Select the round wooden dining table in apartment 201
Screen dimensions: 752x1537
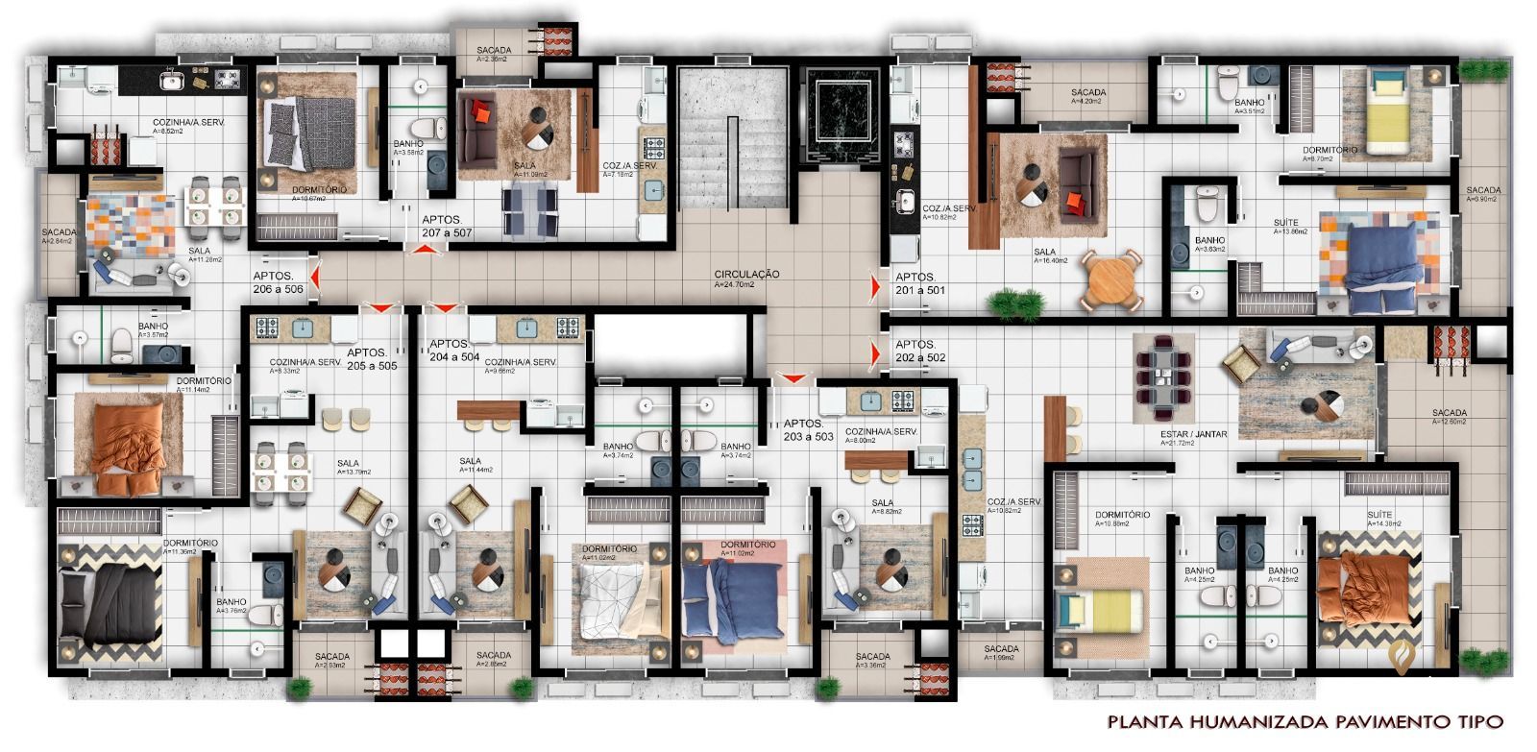click(x=1112, y=280)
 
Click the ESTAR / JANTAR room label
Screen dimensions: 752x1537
click(x=1193, y=434)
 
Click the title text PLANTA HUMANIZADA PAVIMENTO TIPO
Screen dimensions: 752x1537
click(x=1304, y=721)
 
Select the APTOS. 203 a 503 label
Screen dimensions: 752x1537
click(x=808, y=429)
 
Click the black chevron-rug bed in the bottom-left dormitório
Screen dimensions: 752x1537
click(x=108, y=603)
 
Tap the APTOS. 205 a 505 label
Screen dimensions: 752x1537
click(x=373, y=359)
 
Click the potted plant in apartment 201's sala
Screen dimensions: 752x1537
click(x=1015, y=303)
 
